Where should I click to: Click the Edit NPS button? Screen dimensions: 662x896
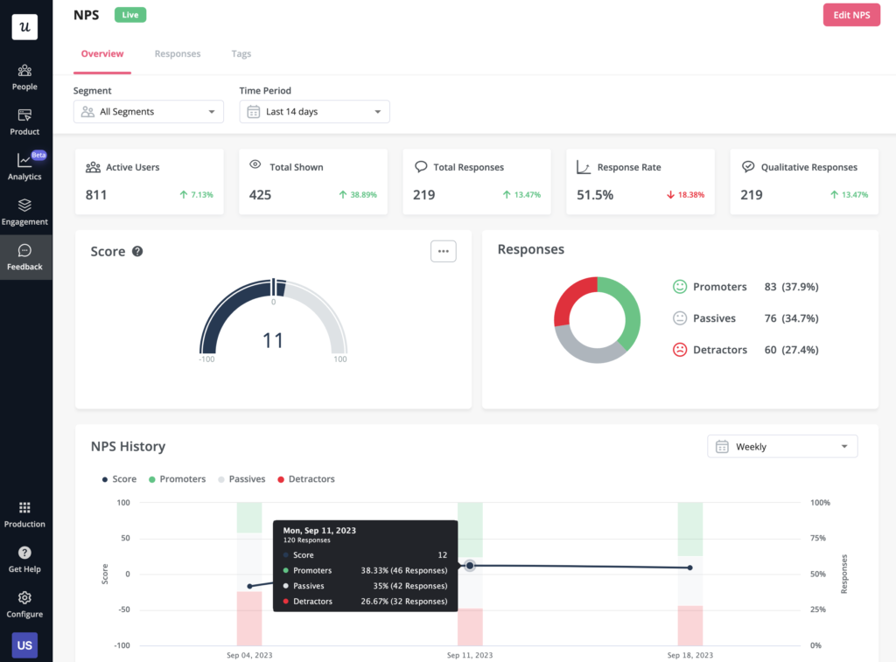[851, 15]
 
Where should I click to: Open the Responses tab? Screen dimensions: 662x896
[178, 54]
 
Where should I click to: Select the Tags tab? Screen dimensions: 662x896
[241, 54]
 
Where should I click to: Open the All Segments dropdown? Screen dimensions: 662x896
[149, 112]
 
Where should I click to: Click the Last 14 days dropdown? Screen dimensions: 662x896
[314, 112]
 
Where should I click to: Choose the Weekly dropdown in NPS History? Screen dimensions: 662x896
[782, 447]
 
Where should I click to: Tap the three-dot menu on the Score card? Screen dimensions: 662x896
[444, 251]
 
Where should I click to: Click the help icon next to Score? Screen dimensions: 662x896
[137, 252]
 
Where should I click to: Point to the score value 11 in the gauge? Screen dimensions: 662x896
[273, 339]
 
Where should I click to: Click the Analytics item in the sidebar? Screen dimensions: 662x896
[24, 166]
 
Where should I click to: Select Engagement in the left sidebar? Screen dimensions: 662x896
[24, 212]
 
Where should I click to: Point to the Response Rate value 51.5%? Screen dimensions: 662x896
[595, 195]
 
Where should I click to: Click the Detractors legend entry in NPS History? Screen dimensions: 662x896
[306, 479]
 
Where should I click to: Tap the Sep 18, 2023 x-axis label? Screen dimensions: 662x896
[689, 655]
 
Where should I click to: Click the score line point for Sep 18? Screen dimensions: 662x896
[689, 568]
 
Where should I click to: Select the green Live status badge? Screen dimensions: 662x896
[129, 15]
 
